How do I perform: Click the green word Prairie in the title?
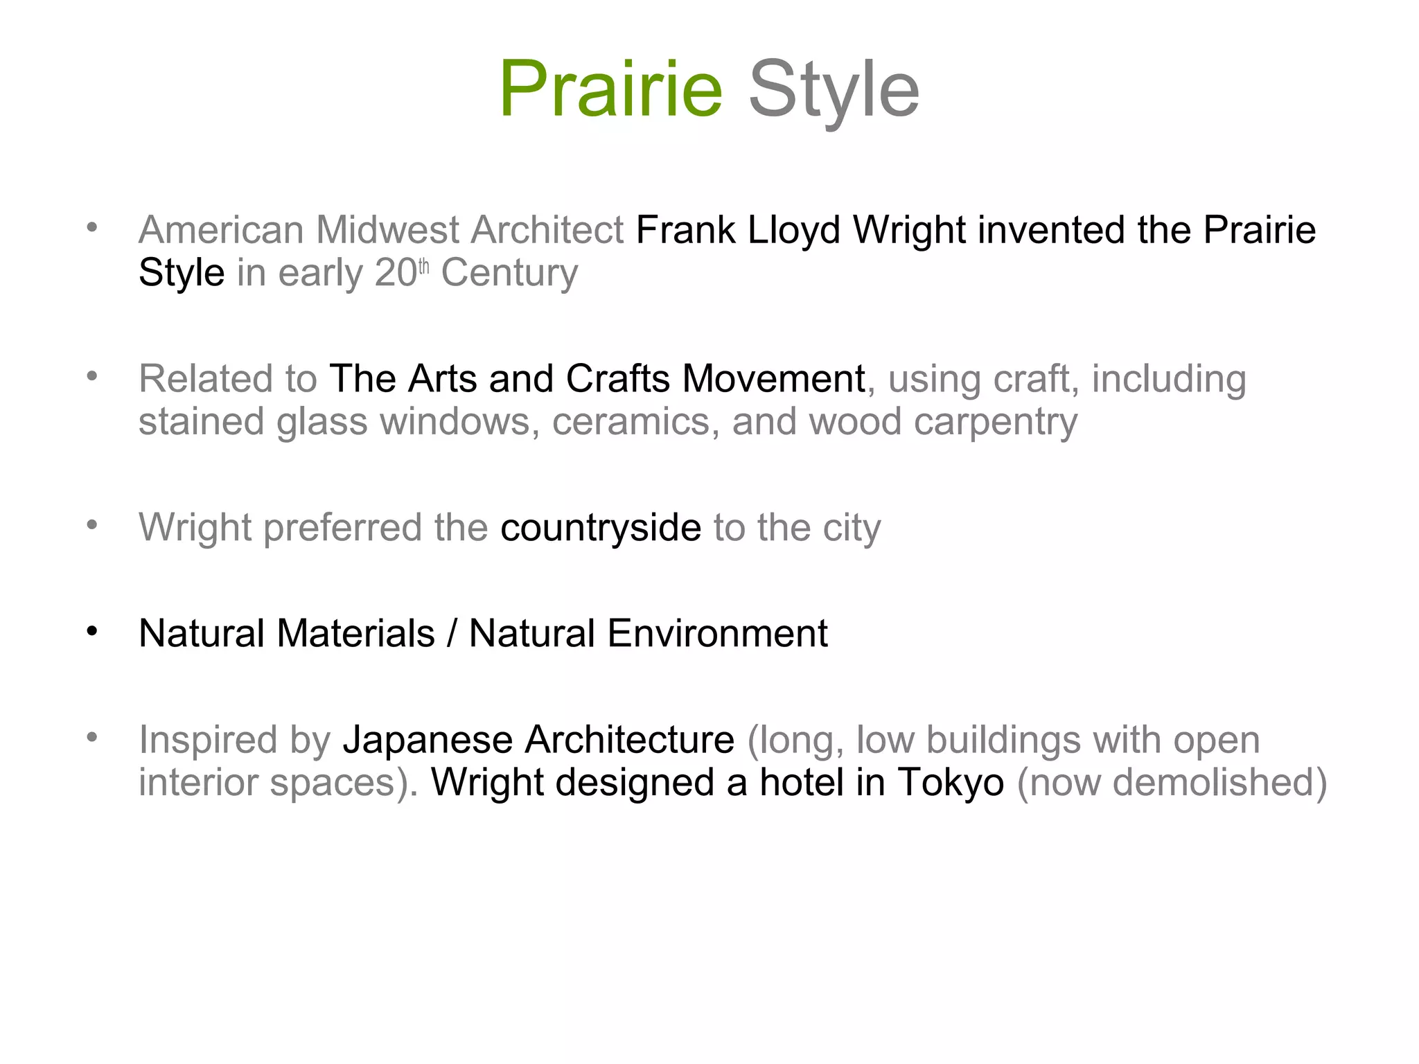tap(610, 89)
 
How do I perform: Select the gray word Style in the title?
tap(834, 89)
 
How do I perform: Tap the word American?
tap(221, 230)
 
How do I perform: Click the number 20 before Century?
tap(395, 273)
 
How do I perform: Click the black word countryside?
tap(601, 528)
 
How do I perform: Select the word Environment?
tap(717, 633)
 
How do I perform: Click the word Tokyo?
tap(951, 783)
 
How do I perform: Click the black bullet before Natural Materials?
tap(92, 632)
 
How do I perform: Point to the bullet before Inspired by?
tap(92, 737)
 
